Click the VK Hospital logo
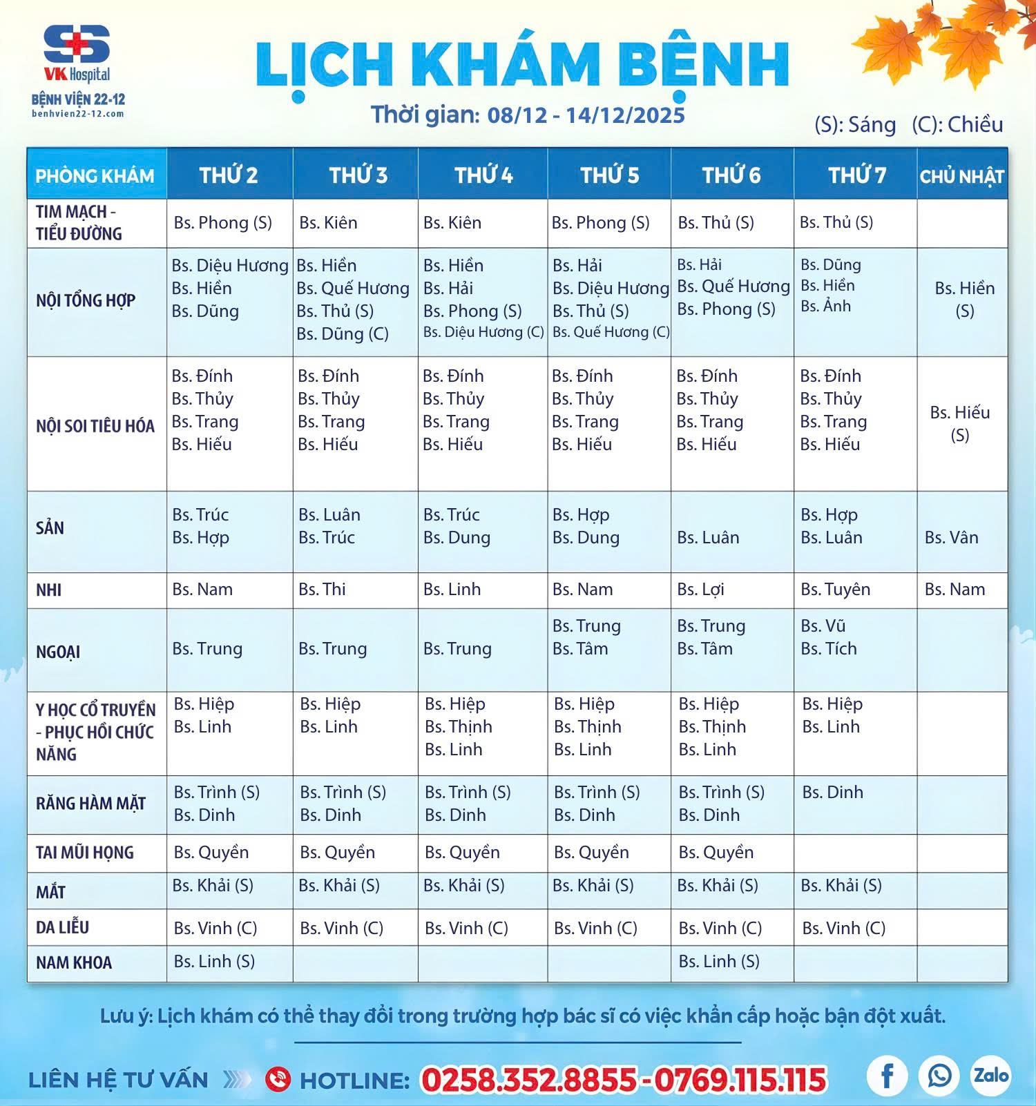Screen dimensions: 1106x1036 77,54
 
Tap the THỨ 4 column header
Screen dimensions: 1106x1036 483,175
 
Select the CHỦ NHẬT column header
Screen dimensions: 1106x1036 961,176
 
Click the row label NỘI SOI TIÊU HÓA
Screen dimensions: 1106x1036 95,426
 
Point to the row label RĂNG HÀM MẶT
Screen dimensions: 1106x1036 90,804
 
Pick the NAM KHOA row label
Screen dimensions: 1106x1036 74,962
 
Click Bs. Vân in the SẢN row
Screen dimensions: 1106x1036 951,537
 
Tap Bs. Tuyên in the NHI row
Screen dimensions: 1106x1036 835,589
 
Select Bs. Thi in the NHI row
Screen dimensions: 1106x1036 322,589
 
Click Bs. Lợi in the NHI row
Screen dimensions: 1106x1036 700,589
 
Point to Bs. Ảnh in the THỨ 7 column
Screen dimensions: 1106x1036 825,306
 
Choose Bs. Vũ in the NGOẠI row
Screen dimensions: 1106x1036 823,625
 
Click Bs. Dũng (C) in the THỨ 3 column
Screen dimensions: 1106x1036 343,333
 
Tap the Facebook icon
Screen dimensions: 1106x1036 888,1074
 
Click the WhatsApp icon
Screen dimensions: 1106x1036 939,1074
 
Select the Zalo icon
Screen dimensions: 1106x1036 991,1074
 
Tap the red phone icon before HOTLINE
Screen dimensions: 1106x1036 278,1079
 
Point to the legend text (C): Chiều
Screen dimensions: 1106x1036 957,124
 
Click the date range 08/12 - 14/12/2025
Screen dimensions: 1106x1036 586,114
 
